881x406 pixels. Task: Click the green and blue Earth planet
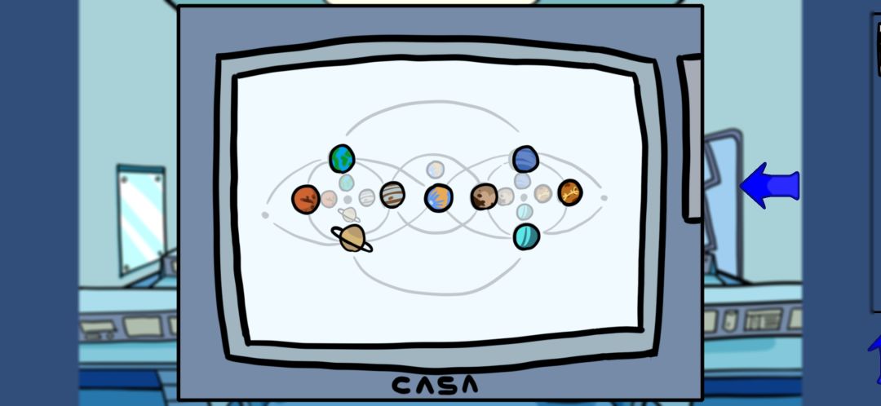pyautogui.click(x=342, y=158)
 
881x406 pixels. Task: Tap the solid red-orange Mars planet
pyautogui.click(x=306, y=200)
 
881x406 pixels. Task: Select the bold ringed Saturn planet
pyautogui.click(x=352, y=238)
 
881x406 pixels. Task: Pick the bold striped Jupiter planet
pyautogui.click(x=392, y=195)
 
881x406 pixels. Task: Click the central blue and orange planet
pyautogui.click(x=438, y=197)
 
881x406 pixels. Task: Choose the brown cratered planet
pyautogui.click(x=484, y=196)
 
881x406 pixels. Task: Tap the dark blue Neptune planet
pyautogui.click(x=525, y=159)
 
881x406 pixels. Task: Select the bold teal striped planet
pyautogui.click(x=526, y=236)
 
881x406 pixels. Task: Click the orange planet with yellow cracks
pyautogui.click(x=569, y=192)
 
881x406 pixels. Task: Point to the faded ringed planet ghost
pyautogui.click(x=348, y=214)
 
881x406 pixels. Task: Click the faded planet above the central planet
pyautogui.click(x=435, y=170)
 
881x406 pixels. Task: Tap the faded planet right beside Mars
pyautogui.click(x=329, y=198)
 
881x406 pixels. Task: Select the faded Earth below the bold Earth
pyautogui.click(x=346, y=183)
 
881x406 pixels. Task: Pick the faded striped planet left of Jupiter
pyautogui.click(x=366, y=197)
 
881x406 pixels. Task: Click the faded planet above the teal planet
pyautogui.click(x=525, y=212)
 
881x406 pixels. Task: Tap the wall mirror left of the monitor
pyautogui.click(x=141, y=219)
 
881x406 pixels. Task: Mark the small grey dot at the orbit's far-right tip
pyautogui.click(x=604, y=197)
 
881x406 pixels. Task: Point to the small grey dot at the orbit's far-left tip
pyautogui.click(x=265, y=214)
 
